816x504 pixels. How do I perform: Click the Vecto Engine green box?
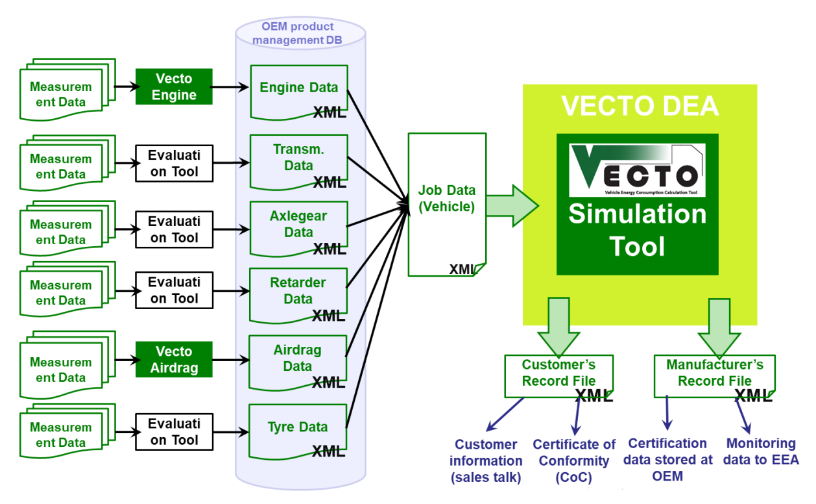174,87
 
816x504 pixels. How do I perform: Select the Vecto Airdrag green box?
174,360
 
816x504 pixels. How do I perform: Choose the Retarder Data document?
298,292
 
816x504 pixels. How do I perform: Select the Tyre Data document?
298,428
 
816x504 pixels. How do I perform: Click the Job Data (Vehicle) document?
446,201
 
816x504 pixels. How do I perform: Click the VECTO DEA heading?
640,106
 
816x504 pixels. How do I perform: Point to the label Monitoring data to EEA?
761,451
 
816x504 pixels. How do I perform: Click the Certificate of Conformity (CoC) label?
574,460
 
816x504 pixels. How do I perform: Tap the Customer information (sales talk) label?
486,460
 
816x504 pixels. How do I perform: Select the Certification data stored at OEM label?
667,459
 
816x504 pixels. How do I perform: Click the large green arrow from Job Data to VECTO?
512,205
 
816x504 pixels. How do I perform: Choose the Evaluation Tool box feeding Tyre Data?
174,431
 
